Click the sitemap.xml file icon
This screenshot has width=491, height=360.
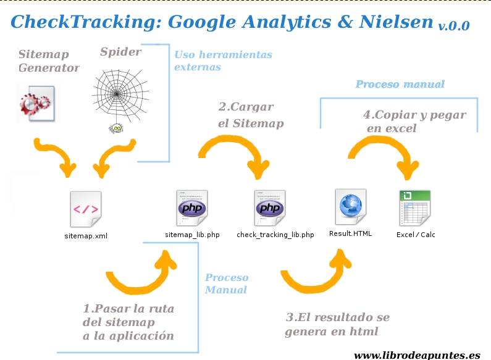pos(86,209)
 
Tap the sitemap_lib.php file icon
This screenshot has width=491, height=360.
pos(191,208)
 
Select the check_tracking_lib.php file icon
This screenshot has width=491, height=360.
pos(270,208)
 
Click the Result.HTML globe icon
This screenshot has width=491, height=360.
pos(351,207)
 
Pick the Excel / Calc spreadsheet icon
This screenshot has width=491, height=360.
pos(415,208)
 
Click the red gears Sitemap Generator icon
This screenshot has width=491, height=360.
pos(36,103)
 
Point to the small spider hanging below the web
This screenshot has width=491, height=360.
pos(116,128)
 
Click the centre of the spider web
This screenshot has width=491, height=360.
pos(117,94)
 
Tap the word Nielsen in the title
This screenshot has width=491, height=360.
pos(396,22)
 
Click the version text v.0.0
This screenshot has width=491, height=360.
pos(454,26)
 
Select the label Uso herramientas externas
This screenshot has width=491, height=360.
pos(224,61)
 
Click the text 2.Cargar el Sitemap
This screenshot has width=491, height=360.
pos(251,115)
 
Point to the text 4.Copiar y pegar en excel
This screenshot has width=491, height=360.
pos(414,122)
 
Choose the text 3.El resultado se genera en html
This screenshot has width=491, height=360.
pos(337,324)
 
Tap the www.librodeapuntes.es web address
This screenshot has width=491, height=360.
pos(417,356)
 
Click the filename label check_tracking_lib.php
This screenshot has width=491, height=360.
pos(275,235)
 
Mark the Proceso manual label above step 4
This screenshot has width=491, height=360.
pos(400,84)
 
